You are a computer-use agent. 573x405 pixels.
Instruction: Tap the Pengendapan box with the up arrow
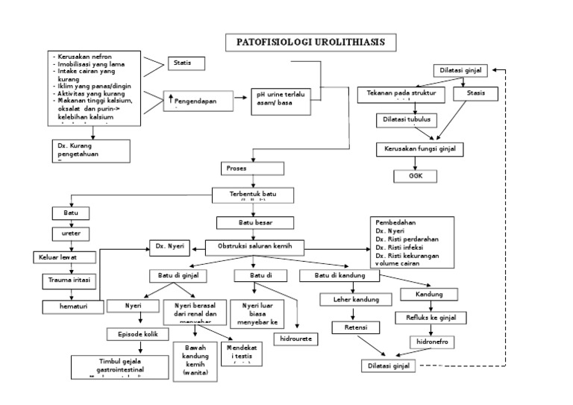coord(195,101)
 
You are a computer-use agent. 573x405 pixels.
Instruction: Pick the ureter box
coord(70,233)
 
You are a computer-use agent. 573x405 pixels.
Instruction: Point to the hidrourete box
coord(295,339)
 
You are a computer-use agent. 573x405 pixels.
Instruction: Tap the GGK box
coord(416,175)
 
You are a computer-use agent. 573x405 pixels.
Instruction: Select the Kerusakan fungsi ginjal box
coord(419,149)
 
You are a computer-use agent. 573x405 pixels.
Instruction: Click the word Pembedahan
coord(396,223)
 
